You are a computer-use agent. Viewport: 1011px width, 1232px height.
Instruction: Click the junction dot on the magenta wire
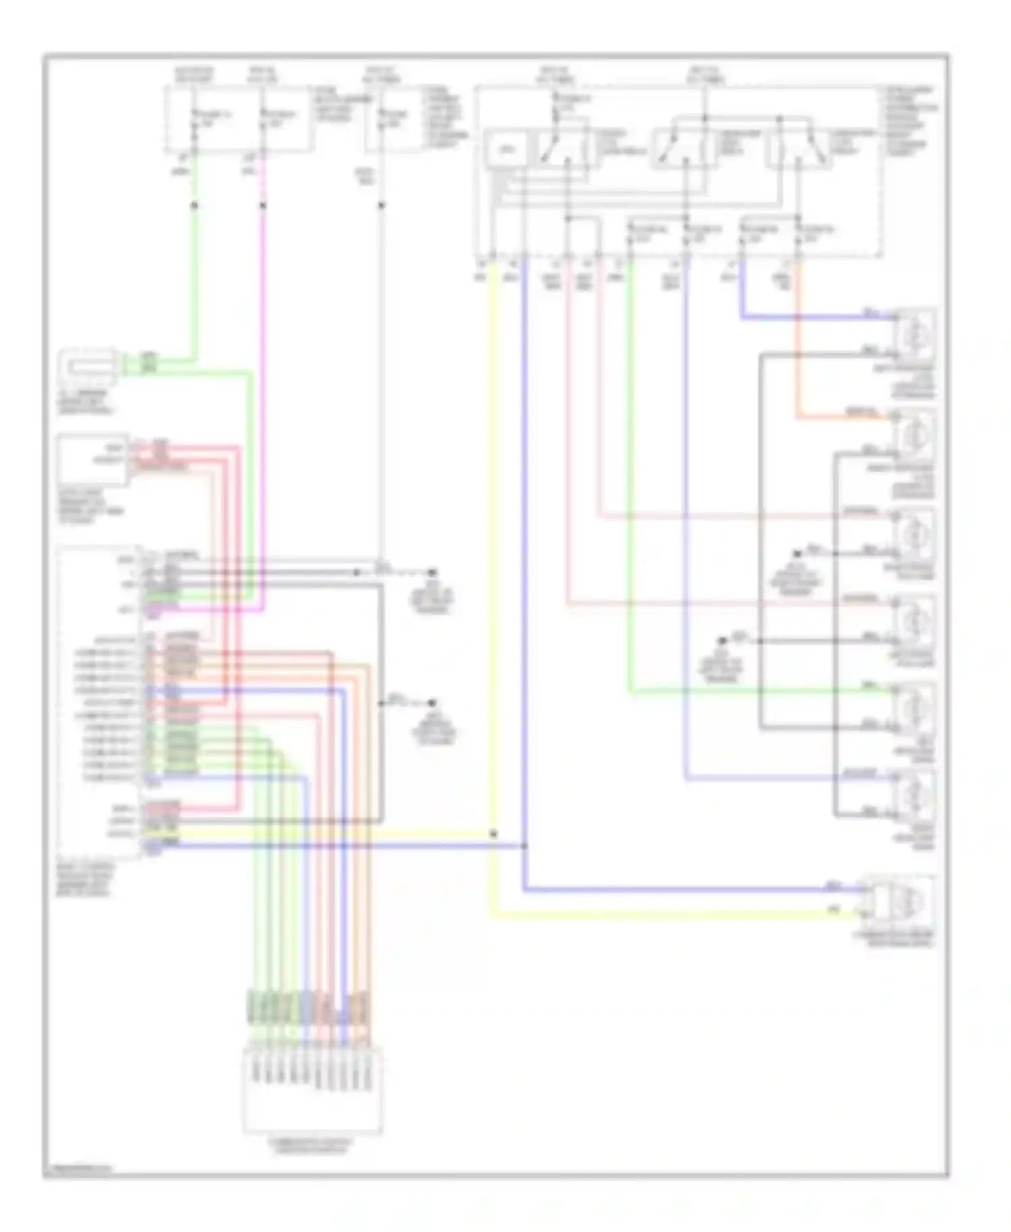(x=263, y=206)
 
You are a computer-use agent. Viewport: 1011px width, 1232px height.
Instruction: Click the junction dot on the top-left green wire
(x=194, y=205)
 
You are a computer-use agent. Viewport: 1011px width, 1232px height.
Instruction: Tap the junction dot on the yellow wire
(x=493, y=834)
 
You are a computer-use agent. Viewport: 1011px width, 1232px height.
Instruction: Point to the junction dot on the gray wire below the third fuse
(x=381, y=206)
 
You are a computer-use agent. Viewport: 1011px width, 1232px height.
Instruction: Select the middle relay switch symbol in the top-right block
(x=681, y=148)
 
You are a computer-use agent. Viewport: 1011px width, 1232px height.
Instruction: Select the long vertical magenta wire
(x=263, y=404)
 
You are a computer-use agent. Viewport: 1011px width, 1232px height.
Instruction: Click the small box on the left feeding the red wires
(x=93, y=460)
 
